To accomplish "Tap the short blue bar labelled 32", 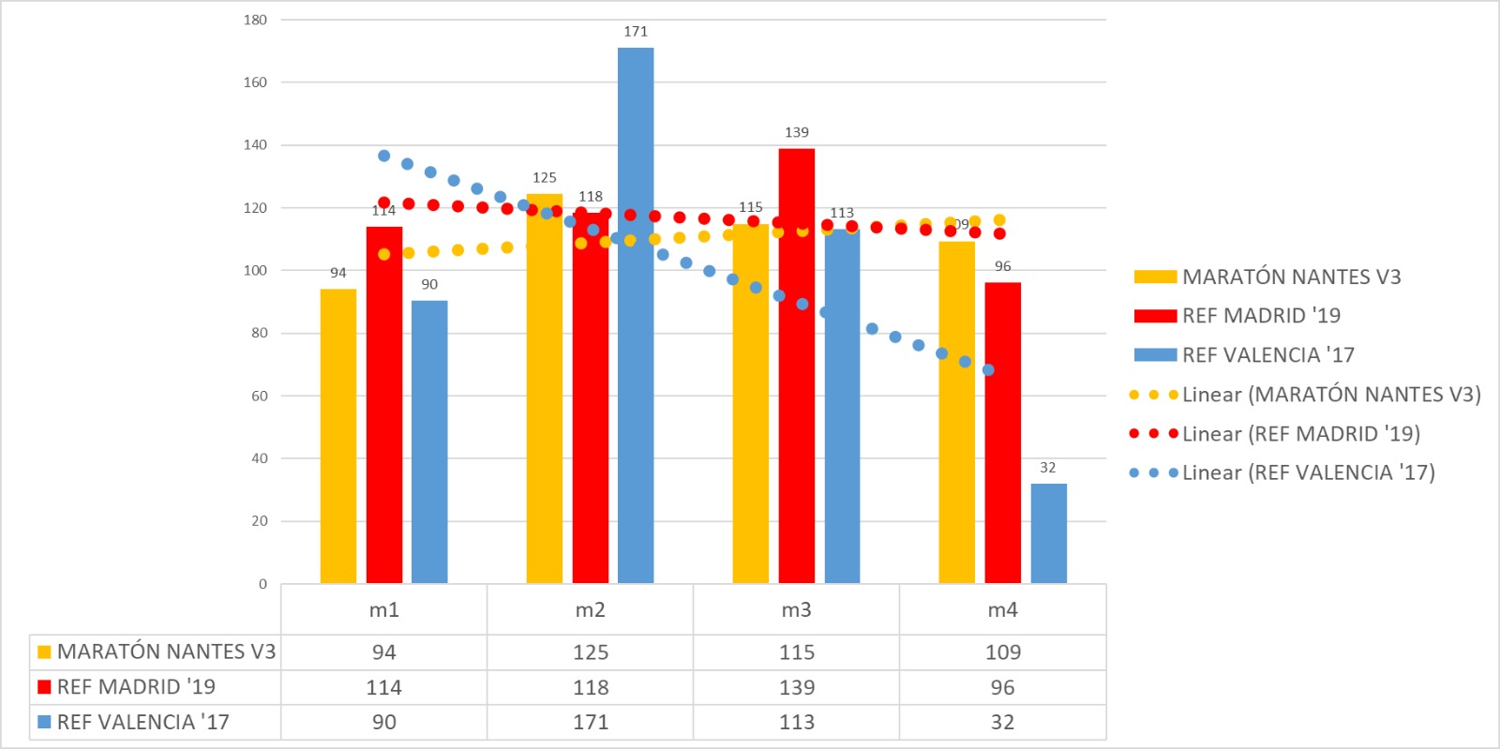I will point(1048,533).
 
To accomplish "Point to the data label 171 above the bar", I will point(636,32).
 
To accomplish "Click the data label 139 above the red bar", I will point(796,132).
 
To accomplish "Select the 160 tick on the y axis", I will point(255,82).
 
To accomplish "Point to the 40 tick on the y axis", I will point(259,458).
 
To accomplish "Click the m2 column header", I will point(590,610).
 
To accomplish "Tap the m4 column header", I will point(1002,610).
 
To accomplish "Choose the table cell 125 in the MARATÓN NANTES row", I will point(591,652).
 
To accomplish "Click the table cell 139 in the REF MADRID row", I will point(796,687).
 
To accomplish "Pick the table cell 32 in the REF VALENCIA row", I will point(1002,722).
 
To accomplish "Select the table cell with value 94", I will point(384,652).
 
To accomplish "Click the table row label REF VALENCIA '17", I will point(142,722).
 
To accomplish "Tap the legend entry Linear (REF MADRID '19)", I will point(1300,434).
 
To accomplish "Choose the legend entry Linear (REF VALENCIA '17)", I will point(1308,472).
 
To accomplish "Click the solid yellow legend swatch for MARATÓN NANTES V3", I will point(1155,277).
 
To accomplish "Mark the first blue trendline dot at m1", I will point(383,156).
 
